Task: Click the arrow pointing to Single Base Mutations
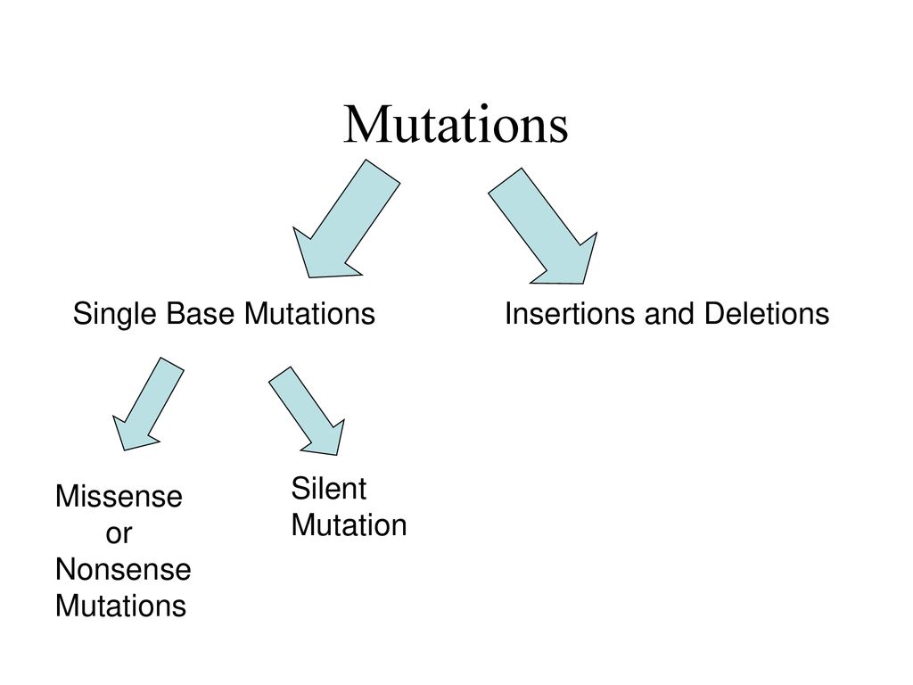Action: (x=347, y=219)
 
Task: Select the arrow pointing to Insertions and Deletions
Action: (x=542, y=226)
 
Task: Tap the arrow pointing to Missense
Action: (x=148, y=404)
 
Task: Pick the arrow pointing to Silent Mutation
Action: (x=307, y=410)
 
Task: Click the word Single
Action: (x=115, y=315)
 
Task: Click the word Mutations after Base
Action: (x=309, y=313)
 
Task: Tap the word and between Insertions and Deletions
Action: (x=669, y=313)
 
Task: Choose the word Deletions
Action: (x=767, y=313)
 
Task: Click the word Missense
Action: (x=119, y=497)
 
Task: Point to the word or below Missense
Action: (x=119, y=534)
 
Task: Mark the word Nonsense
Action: (x=123, y=570)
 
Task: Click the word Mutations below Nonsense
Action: (x=120, y=606)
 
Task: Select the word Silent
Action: (x=328, y=488)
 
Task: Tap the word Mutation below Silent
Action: (x=349, y=524)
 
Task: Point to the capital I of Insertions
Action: (x=508, y=313)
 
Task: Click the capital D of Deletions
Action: (x=714, y=313)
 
